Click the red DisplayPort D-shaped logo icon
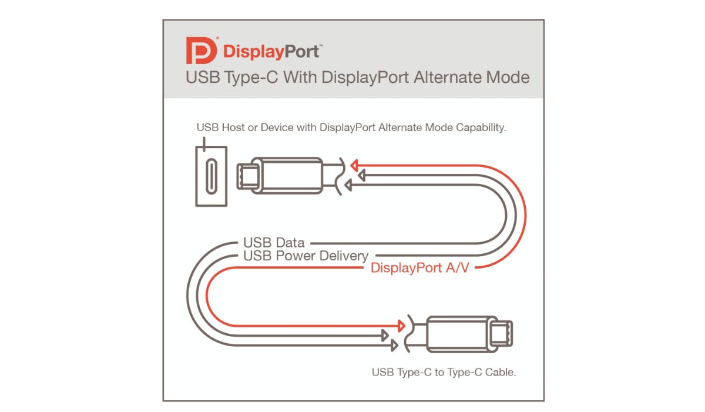(202, 51)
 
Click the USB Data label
(274, 243)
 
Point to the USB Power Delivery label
(305, 256)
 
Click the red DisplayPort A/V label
(420, 268)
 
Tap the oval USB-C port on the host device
(211, 176)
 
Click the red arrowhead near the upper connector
(354, 165)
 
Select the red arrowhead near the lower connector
(401, 326)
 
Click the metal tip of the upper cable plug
(248, 176)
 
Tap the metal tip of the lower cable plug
(501, 334)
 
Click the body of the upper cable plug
(287, 176)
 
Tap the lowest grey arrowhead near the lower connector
(394, 346)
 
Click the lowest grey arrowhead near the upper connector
(348, 185)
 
